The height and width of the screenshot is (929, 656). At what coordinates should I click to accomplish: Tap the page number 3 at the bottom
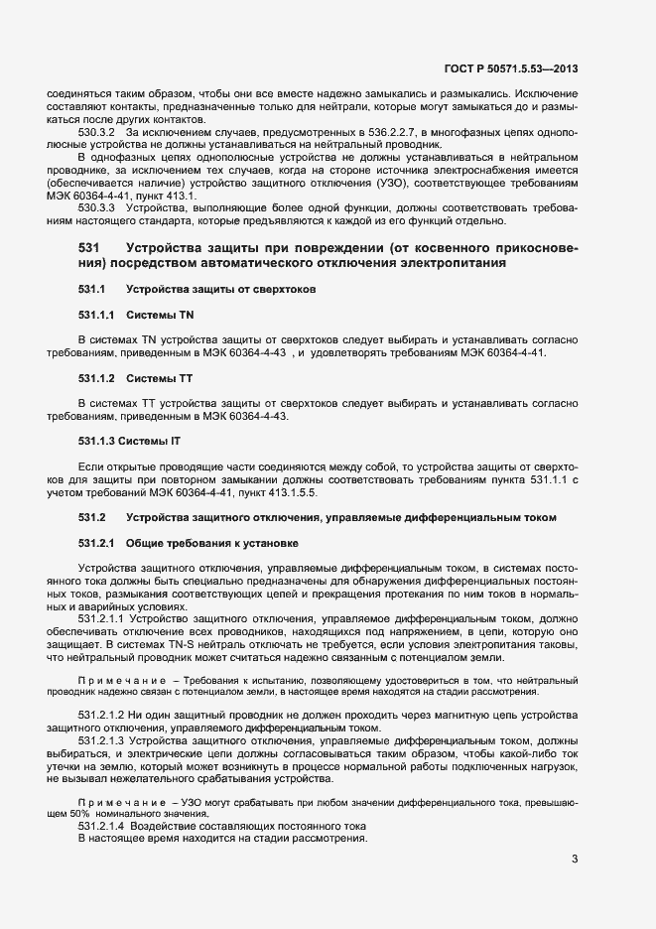point(574,859)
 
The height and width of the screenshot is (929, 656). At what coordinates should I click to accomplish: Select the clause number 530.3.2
point(96,131)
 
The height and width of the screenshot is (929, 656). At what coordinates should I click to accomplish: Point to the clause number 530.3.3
point(96,206)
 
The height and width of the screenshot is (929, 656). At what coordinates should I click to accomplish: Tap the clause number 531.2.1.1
point(100,617)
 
